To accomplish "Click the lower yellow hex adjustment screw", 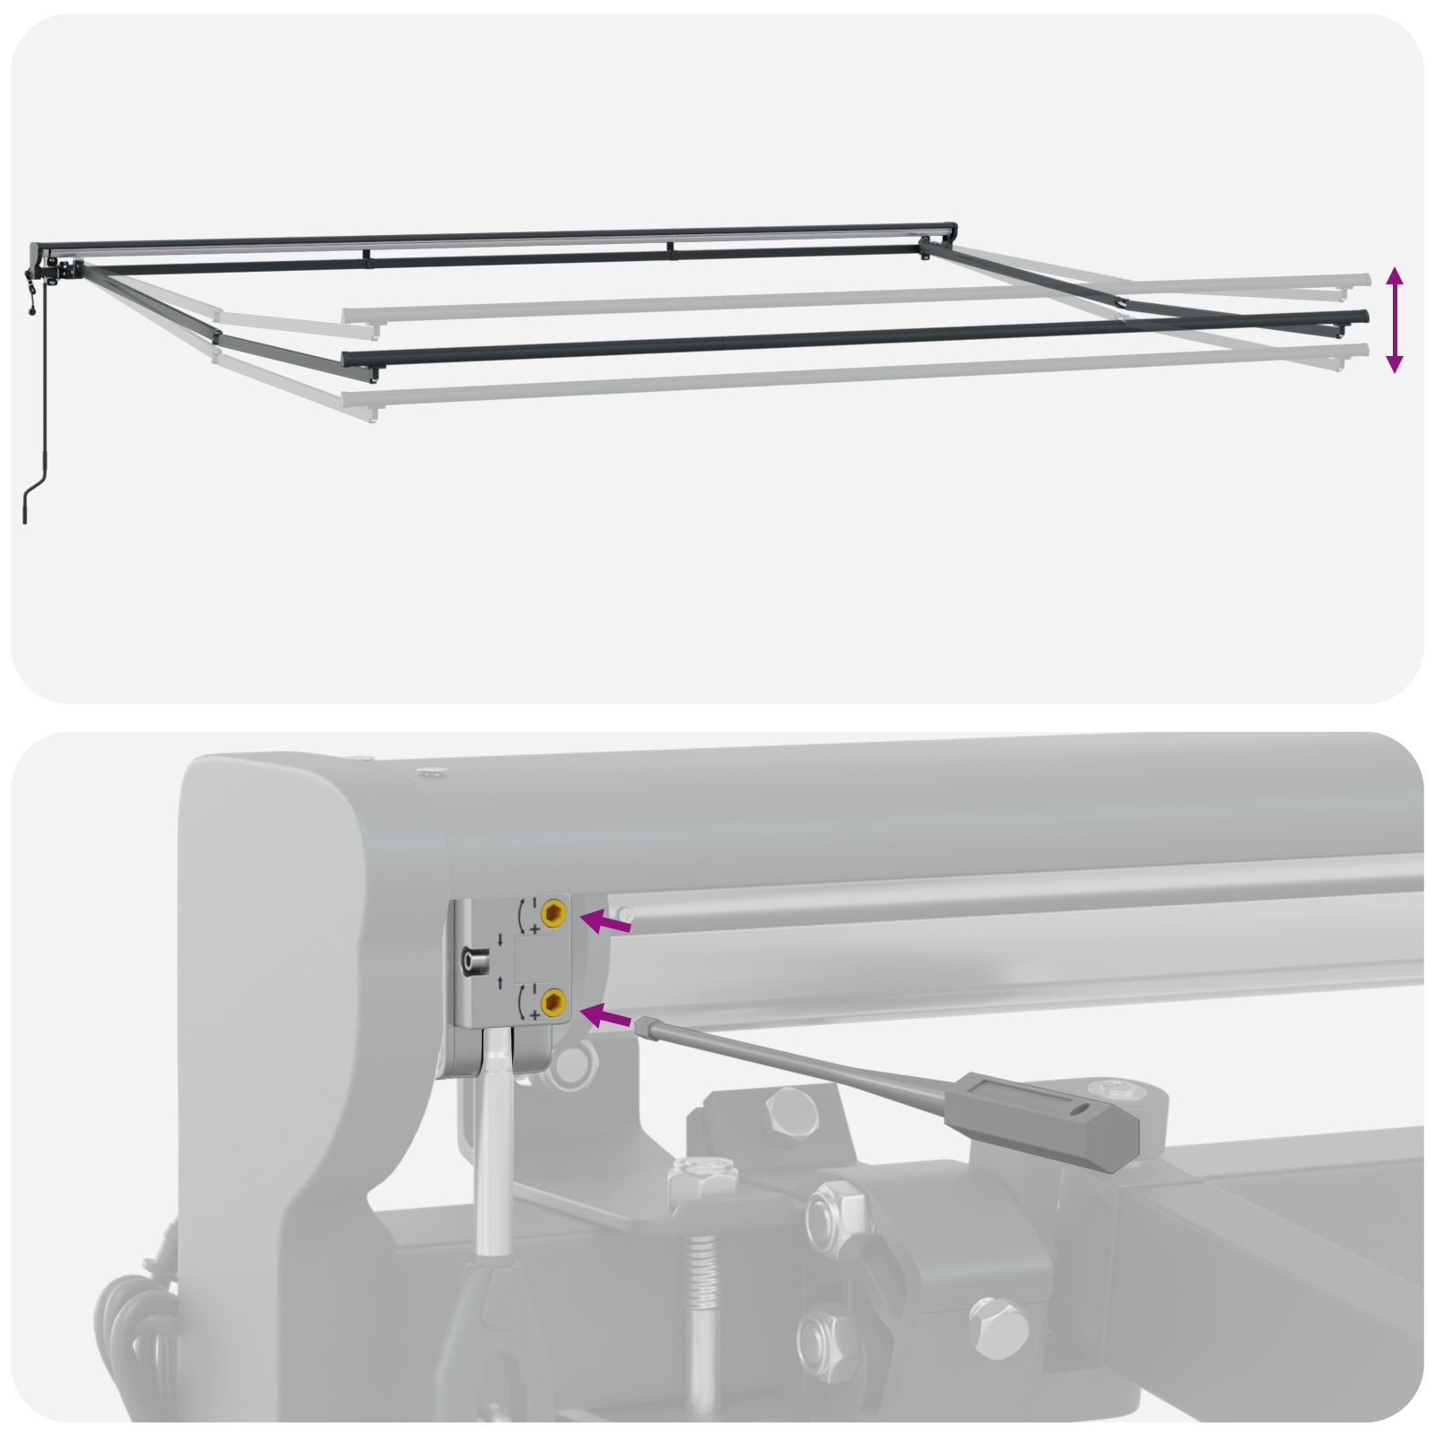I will (x=553, y=1002).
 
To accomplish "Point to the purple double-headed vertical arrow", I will (x=1394, y=319).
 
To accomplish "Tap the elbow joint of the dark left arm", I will (x=217, y=337).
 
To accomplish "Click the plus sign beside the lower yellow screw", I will (x=535, y=1015).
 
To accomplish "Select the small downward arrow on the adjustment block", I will (x=500, y=939).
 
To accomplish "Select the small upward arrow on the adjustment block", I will (x=500, y=983).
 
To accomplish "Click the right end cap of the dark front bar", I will (x=1364, y=317).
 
